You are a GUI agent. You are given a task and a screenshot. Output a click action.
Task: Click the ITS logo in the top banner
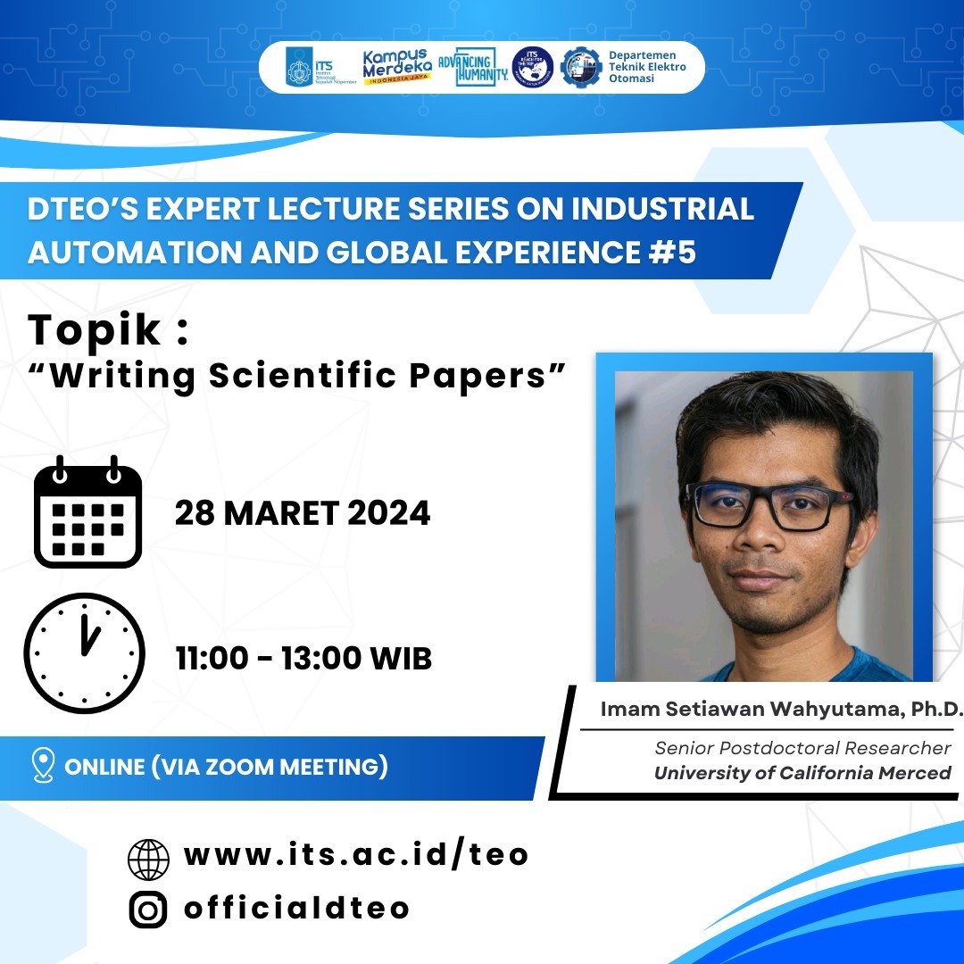[x=320, y=67]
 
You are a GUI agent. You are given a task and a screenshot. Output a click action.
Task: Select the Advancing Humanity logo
[x=473, y=67]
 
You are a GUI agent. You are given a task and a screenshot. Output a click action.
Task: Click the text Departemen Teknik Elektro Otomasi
[x=647, y=67]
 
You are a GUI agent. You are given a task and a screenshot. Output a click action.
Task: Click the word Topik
[x=97, y=329]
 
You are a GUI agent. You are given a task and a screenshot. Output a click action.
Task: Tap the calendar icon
[x=87, y=512]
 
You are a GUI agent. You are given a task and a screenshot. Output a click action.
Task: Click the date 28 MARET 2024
[x=303, y=513]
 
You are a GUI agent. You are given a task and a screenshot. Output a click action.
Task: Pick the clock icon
[x=84, y=653]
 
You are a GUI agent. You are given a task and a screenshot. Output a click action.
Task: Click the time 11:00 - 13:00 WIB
[x=303, y=659]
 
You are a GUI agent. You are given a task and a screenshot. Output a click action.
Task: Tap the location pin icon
[x=43, y=766]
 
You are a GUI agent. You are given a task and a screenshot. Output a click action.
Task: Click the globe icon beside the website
[x=148, y=859]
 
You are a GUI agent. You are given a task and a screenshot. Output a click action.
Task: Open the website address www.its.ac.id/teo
[x=356, y=854]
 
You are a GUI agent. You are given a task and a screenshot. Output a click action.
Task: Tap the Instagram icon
[x=148, y=909]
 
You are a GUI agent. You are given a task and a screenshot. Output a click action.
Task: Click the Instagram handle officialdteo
[x=297, y=908]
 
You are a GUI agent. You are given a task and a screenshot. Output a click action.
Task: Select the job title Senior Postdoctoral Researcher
[x=802, y=748]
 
